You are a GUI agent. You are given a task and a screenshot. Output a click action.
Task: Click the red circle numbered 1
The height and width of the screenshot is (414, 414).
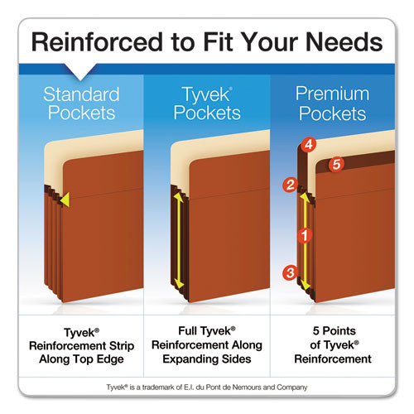click(304, 235)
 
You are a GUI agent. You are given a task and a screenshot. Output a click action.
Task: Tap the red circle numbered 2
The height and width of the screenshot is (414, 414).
click(290, 185)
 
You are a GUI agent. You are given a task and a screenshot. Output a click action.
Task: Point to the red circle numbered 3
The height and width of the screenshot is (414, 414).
click(289, 272)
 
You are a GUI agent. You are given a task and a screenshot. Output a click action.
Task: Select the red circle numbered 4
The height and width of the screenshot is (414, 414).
click(308, 144)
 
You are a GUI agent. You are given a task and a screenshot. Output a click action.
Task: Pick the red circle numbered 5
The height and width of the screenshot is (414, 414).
click(336, 164)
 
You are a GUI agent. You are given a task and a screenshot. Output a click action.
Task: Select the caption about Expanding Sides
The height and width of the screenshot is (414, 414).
click(207, 344)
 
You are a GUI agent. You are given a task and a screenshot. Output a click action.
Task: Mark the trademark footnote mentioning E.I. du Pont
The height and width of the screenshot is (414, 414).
click(207, 388)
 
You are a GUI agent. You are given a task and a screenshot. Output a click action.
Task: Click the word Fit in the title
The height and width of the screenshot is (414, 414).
click(217, 42)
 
